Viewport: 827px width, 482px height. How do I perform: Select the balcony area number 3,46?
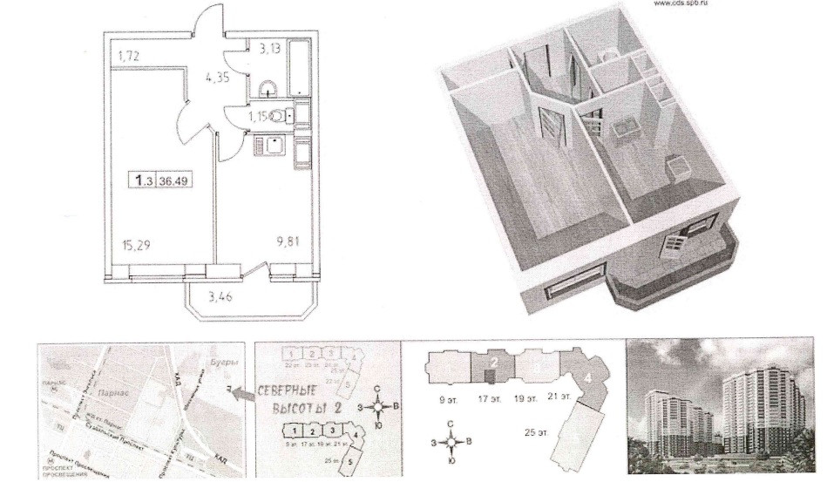(220, 297)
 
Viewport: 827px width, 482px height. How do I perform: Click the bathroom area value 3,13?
(269, 49)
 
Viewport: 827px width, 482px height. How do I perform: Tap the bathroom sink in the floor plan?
(268, 87)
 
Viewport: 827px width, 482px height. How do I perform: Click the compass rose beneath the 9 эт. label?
(451, 441)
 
